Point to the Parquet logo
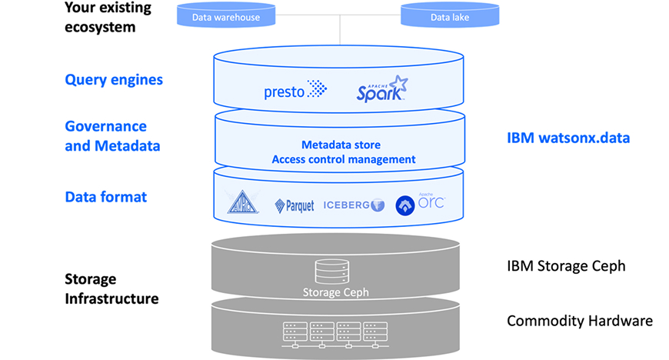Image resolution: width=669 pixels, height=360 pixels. tap(295, 205)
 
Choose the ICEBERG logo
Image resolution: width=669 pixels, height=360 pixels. tap(353, 205)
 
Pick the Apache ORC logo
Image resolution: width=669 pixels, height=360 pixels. tap(420, 204)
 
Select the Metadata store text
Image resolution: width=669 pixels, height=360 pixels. tap(341, 145)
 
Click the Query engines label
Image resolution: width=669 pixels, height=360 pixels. tap(114, 79)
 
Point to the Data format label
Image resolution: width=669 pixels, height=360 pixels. tap(106, 197)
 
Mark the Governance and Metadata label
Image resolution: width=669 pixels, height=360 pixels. tap(112, 135)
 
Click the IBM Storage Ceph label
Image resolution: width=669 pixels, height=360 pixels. tap(566, 266)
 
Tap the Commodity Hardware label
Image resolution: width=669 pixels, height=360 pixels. tap(580, 320)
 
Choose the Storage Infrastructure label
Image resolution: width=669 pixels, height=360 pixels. tap(111, 288)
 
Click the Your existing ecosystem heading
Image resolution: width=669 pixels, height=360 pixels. tap(112, 17)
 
